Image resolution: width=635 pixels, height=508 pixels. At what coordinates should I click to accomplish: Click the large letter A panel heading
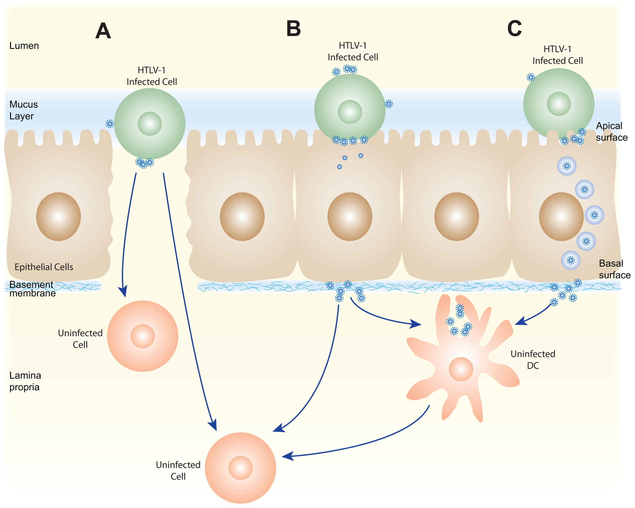(103, 31)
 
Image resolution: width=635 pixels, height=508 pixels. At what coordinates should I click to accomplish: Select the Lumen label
(24, 46)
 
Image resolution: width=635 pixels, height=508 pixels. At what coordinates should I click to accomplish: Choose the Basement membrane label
(32, 289)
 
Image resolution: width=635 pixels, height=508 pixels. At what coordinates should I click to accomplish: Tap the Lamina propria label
(25, 381)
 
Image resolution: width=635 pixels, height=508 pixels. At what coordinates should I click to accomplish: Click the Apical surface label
(611, 131)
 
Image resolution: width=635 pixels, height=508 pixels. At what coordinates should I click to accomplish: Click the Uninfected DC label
(532, 360)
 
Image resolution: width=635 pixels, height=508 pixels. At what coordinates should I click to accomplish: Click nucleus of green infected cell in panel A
(150, 124)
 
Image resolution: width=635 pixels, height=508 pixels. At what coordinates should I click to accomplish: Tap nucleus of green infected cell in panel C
(559, 104)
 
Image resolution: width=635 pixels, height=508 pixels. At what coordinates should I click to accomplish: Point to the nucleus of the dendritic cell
(461, 369)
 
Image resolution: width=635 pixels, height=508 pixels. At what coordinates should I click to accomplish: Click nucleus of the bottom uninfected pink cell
(240, 468)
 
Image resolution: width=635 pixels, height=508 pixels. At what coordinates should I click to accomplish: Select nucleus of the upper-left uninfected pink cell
(142, 336)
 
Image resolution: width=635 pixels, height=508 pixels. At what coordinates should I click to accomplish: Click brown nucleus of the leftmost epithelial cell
(58, 217)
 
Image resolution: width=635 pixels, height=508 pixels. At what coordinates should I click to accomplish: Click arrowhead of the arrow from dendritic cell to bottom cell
(288, 456)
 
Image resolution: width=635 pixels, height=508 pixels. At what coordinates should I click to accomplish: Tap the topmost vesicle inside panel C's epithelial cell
(567, 166)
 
